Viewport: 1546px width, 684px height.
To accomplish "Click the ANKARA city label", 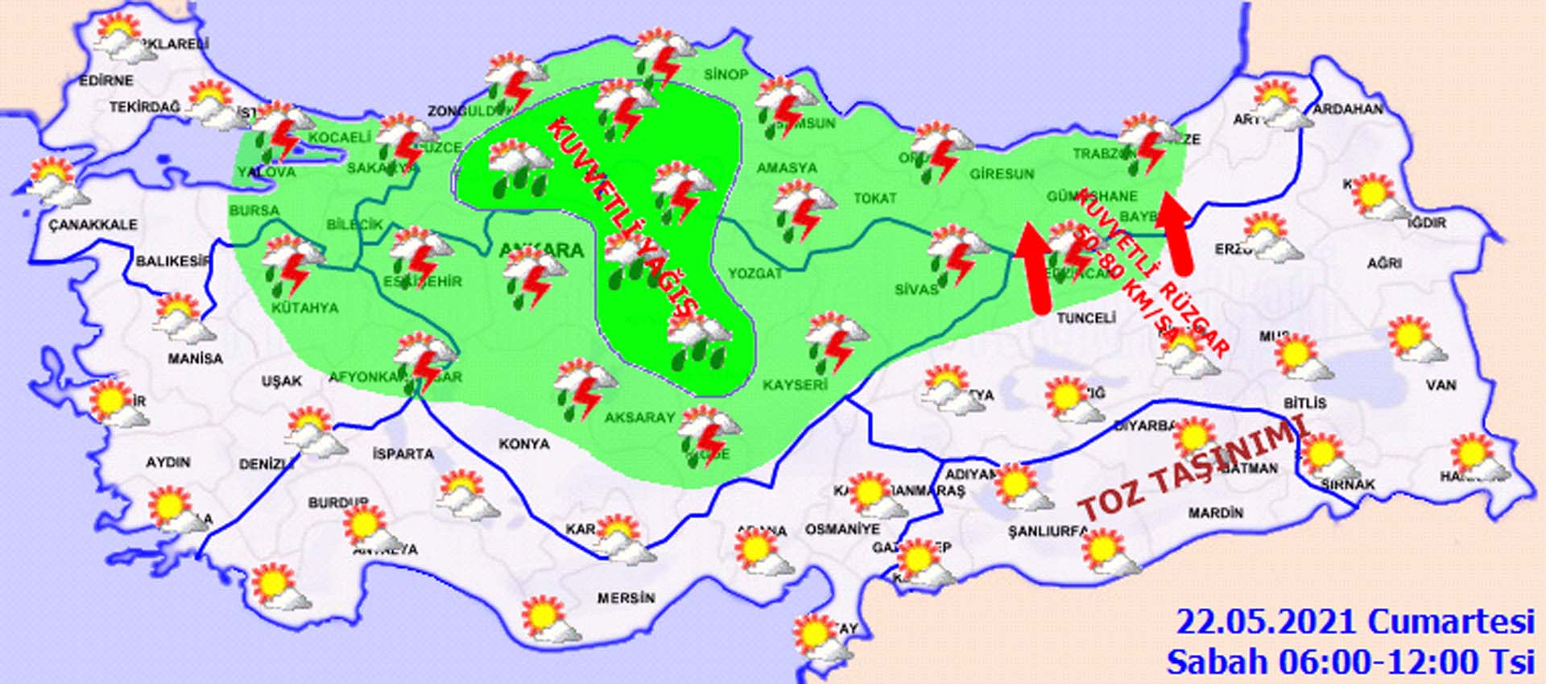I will point(541,250).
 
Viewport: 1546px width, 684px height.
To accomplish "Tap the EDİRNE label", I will point(106,81).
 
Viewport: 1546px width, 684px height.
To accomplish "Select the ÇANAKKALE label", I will point(93,224).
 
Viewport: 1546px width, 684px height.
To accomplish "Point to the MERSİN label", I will point(626,598).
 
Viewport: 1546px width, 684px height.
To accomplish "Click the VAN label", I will point(1441,385).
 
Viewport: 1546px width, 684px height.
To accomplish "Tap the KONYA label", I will point(524,443).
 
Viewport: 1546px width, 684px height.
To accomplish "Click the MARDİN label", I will point(1216,512).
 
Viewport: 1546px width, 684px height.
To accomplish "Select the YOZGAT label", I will point(755,273).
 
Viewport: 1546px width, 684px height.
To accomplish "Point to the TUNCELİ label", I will point(1085,317).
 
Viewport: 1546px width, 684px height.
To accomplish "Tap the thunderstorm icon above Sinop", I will point(663,56).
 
